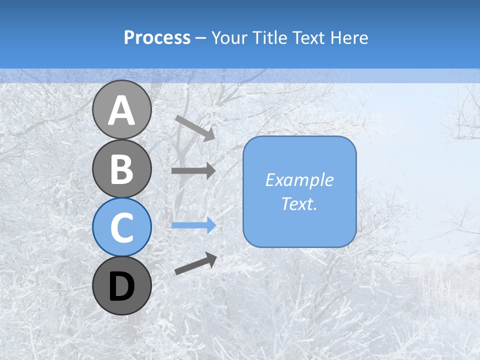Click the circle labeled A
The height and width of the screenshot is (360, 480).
click(122, 109)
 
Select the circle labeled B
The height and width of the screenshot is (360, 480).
click(122, 168)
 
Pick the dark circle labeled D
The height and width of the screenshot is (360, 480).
click(122, 285)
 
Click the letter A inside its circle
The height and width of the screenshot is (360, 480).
click(122, 110)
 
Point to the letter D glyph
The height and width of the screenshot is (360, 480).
click(122, 286)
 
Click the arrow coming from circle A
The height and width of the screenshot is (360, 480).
click(195, 127)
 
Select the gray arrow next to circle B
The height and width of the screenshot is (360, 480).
click(193, 170)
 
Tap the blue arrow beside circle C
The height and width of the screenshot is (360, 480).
click(193, 225)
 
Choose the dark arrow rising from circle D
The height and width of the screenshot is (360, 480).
click(195, 263)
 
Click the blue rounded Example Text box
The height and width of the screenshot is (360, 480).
click(299, 191)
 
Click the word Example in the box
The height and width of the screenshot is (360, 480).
click(299, 180)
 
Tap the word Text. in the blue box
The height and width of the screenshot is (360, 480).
click(299, 203)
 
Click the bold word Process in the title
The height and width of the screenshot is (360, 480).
click(157, 37)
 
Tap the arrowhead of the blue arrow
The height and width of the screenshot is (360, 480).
click(211, 225)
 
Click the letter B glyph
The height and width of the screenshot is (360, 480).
click(122, 169)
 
